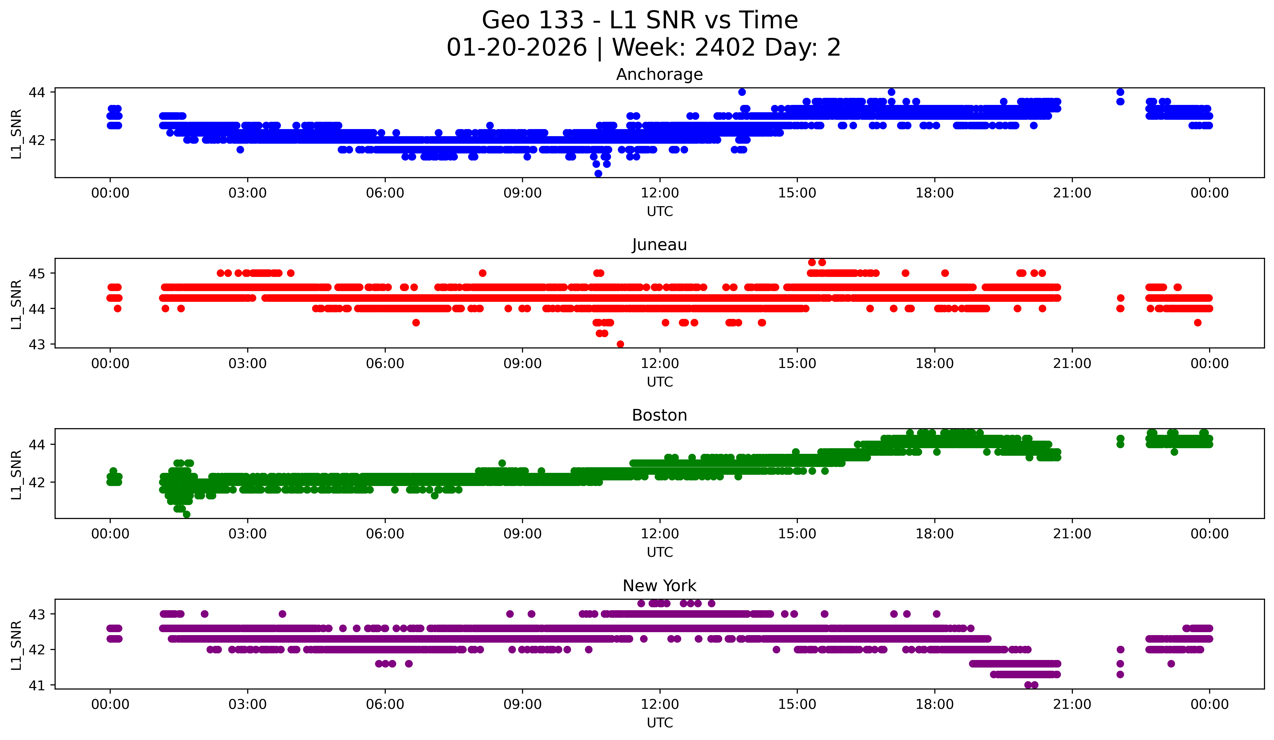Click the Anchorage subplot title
click(659, 74)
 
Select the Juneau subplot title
click(659, 245)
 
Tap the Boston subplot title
click(659, 415)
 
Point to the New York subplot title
click(659, 586)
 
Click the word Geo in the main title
click(503, 21)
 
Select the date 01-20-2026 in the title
click(517, 48)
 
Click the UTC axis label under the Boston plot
click(659, 552)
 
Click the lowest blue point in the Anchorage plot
click(598, 173)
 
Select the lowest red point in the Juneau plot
click(620, 344)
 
